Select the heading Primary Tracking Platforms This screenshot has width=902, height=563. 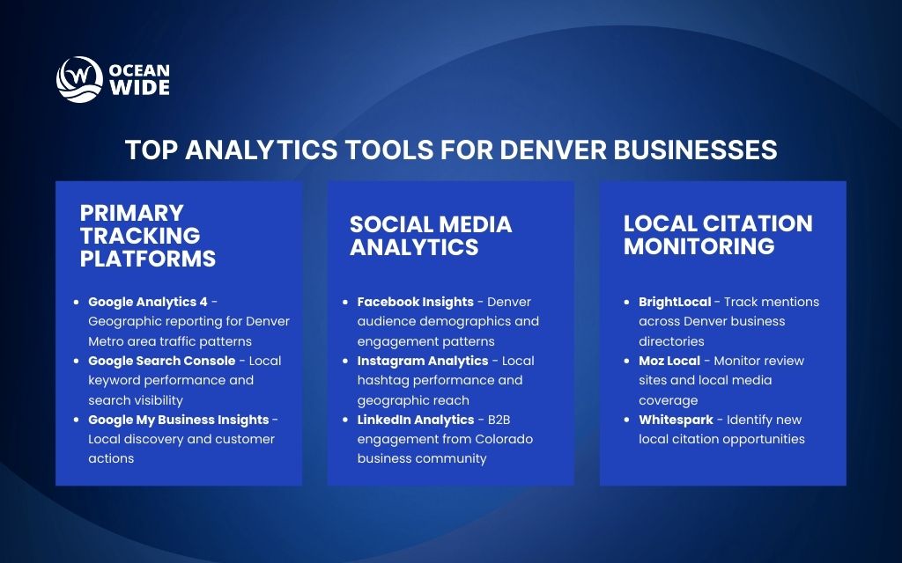click(x=147, y=236)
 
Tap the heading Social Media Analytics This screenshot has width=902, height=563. click(x=430, y=236)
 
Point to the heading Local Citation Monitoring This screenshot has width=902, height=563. click(x=717, y=235)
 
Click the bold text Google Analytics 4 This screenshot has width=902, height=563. click(x=148, y=302)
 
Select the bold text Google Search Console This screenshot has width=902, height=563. click(x=161, y=361)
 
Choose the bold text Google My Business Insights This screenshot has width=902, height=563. click(x=178, y=420)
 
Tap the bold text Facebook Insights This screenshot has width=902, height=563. click(x=415, y=302)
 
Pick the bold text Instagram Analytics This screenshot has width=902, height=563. click(x=422, y=361)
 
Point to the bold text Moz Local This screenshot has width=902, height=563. click(x=669, y=361)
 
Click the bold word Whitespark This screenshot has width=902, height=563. click(x=676, y=420)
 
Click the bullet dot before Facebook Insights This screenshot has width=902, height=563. click(x=346, y=302)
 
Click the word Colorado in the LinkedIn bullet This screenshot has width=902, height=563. click(x=506, y=439)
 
